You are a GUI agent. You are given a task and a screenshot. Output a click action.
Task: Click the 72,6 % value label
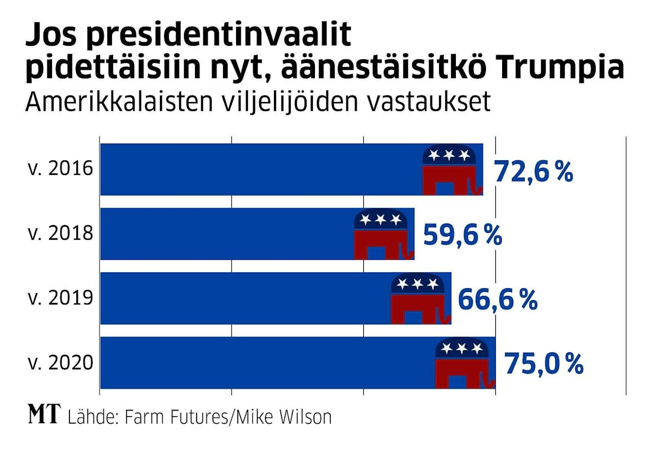pyautogui.click(x=533, y=172)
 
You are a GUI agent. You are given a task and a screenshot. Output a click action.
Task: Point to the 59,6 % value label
pyautogui.click(x=463, y=236)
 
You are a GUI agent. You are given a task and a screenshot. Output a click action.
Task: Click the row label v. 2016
pyautogui.click(x=60, y=170)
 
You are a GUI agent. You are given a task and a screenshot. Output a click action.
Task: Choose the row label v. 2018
pyautogui.click(x=60, y=234)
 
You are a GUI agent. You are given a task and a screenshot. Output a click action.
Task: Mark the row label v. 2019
pyautogui.click(x=60, y=299)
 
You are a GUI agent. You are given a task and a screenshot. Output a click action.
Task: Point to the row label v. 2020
pyautogui.click(x=60, y=363)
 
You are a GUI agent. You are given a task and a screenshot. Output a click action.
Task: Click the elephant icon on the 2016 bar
pyautogui.click(x=452, y=170)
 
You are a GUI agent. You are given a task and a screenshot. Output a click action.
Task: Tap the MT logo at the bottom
pyautogui.click(x=45, y=416)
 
